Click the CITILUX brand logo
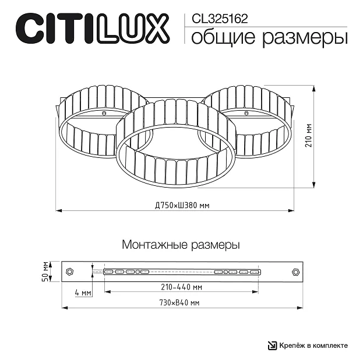point(93,29)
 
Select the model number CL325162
point(220,19)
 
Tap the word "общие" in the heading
point(223,37)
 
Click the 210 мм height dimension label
point(309,135)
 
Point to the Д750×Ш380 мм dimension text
point(182,205)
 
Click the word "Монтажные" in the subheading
point(154,245)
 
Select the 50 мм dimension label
point(45,272)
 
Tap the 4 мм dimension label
point(83,292)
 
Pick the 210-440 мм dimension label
point(182,287)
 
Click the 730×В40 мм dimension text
point(179,302)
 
